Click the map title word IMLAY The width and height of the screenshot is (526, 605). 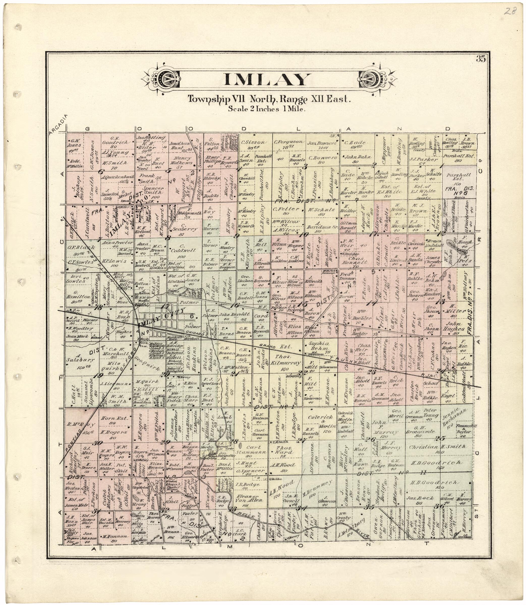tap(267, 79)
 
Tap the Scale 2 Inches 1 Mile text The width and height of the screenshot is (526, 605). tap(267, 109)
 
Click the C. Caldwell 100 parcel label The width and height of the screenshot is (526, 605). tap(182, 251)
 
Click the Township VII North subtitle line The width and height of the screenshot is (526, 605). tap(269, 99)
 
